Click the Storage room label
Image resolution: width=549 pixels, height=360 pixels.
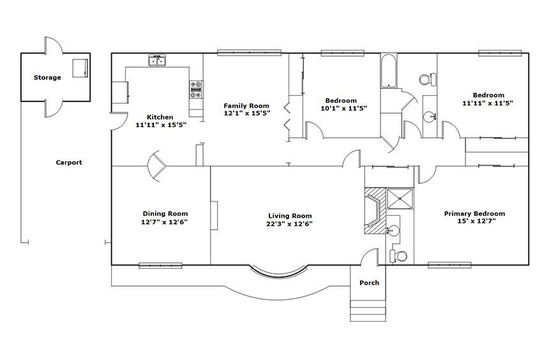pyautogui.click(x=47, y=77)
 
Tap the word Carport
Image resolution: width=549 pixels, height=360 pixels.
pyautogui.click(x=69, y=163)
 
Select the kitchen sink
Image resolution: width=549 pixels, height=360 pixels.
pyautogui.click(x=157, y=61)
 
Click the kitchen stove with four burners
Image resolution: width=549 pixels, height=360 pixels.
pyautogui.click(x=196, y=89)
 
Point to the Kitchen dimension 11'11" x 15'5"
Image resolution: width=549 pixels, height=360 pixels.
pyautogui.click(x=161, y=124)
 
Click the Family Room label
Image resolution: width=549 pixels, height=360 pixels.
pyautogui.click(x=246, y=106)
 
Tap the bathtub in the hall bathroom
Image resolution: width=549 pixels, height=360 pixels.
pyautogui.click(x=389, y=71)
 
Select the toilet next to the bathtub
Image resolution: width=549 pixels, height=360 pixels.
pyautogui.click(x=428, y=79)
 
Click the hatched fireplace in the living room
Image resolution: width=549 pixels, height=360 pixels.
pyautogui.click(x=375, y=211)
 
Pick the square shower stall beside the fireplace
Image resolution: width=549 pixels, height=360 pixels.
pyautogui.click(x=399, y=199)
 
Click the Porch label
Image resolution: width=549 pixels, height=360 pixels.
pyautogui.click(x=370, y=283)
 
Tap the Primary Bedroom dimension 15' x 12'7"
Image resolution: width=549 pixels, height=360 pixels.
pyautogui.click(x=476, y=221)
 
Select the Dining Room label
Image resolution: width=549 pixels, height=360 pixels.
pyautogui.click(x=165, y=214)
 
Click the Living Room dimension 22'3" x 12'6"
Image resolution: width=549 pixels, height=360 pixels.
pyautogui.click(x=289, y=224)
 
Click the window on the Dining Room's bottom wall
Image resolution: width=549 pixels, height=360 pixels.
pyautogui.click(x=160, y=266)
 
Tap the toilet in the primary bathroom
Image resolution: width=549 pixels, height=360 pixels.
pyautogui.click(x=399, y=257)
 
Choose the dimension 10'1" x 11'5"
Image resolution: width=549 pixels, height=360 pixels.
pyautogui.click(x=344, y=109)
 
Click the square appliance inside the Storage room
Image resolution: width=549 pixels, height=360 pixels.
pyautogui.click(x=80, y=68)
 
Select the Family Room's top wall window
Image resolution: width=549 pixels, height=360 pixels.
pyautogui.click(x=250, y=52)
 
